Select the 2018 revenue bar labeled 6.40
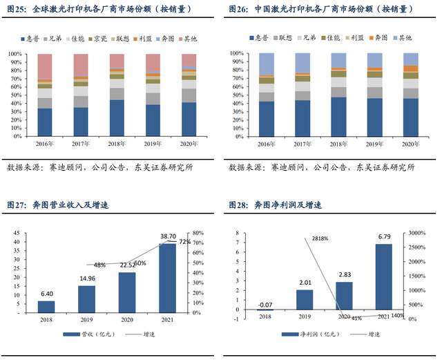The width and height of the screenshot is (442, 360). point(46,307)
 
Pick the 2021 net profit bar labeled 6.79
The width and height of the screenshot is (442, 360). point(384,276)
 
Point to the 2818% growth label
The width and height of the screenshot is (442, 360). point(319,238)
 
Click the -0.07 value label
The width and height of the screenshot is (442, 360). point(265,303)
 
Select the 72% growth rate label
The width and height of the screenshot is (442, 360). point(184,243)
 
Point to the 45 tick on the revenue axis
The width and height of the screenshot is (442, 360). point(15,233)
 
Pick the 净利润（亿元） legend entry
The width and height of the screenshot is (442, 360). point(305,335)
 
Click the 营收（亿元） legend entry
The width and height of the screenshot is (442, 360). point(84,335)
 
